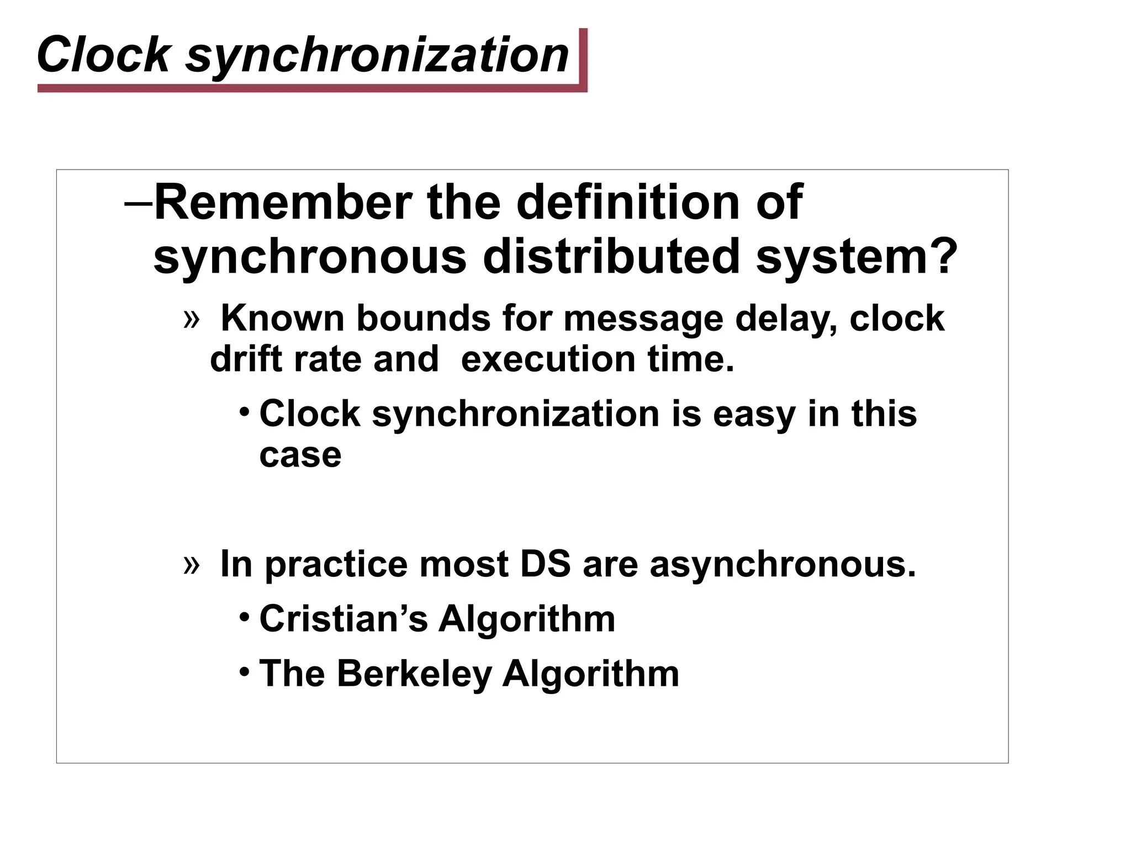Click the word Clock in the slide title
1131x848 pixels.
(x=103, y=54)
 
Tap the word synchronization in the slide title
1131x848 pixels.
(x=377, y=55)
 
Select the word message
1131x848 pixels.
(x=643, y=319)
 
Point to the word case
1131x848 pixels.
(x=300, y=455)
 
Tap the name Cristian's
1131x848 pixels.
(x=343, y=618)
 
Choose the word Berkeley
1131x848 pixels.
(x=414, y=674)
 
